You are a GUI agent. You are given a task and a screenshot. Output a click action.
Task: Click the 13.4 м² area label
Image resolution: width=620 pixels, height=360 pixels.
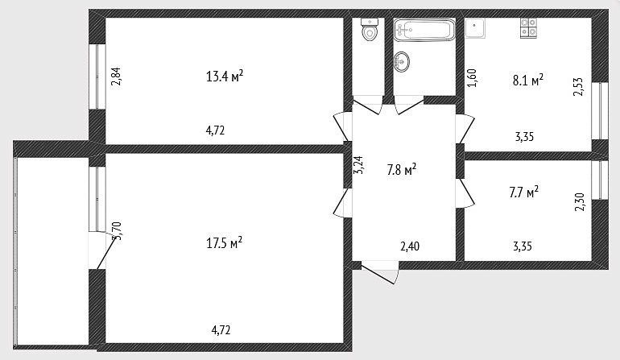224,76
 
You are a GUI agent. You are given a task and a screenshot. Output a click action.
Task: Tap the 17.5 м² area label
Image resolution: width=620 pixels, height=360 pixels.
224,242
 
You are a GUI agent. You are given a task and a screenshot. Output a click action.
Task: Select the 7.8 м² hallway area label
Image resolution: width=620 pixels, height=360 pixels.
401,170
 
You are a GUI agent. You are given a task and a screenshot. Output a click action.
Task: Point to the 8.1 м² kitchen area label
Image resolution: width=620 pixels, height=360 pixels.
528,80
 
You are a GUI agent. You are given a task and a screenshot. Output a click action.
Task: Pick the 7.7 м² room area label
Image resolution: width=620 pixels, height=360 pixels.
523,192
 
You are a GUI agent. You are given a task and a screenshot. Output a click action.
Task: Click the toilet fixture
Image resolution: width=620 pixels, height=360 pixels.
370,29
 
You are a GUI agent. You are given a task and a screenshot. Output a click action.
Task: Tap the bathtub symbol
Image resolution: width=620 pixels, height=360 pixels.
424,29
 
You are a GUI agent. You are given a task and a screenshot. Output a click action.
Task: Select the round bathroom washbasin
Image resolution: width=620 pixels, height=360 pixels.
401,62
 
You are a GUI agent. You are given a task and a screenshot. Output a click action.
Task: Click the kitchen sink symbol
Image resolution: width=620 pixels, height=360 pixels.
475,28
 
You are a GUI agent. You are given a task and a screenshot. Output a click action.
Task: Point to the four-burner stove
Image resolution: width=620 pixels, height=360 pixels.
529,28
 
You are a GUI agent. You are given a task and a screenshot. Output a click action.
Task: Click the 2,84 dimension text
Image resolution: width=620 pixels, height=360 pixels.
116,77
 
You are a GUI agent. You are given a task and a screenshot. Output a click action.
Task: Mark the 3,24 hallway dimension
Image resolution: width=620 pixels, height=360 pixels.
358,165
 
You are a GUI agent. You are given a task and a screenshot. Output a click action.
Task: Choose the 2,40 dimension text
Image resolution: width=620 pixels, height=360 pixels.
410,246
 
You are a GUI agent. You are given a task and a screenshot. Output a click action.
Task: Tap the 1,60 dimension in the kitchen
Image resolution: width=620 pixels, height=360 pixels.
472,78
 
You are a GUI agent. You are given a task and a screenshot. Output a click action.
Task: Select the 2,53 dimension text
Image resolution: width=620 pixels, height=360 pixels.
578,87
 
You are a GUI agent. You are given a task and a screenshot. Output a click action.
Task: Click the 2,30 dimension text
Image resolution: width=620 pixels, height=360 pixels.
580,202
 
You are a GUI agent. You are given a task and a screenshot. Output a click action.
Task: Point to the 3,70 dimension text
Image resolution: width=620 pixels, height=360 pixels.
117,231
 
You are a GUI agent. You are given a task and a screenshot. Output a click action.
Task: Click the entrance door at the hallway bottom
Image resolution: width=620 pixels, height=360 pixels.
379,272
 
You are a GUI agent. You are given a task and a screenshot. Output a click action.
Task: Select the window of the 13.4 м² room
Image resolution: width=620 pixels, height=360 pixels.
97,77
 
